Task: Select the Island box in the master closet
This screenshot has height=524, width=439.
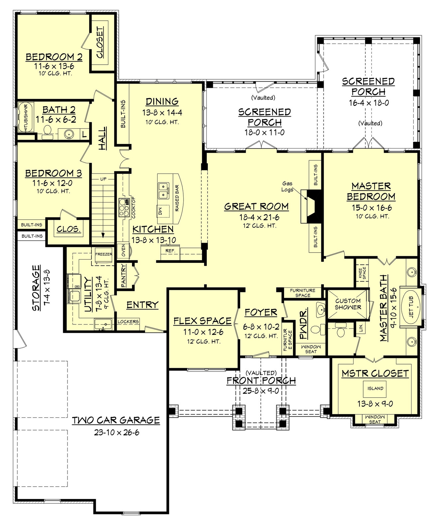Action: (x=375, y=388)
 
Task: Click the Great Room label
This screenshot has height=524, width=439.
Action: (x=256, y=207)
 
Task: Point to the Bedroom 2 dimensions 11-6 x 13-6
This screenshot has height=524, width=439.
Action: (x=54, y=66)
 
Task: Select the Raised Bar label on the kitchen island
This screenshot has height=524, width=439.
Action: (x=177, y=198)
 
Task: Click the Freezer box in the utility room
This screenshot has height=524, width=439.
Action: (x=104, y=254)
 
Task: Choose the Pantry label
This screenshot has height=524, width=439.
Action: (x=124, y=275)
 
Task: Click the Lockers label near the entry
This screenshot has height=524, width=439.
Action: (x=128, y=321)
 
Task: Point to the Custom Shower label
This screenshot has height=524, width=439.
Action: (x=348, y=304)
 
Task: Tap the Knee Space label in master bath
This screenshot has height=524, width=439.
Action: (x=362, y=273)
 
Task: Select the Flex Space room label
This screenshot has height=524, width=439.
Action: (x=202, y=321)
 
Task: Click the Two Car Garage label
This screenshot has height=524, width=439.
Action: (x=116, y=420)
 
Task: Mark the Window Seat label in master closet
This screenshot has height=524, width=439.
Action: (x=375, y=419)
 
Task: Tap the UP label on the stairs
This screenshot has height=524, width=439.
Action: (x=103, y=179)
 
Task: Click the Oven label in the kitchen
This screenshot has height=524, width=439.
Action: (x=123, y=251)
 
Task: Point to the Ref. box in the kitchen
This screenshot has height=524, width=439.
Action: (x=170, y=251)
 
